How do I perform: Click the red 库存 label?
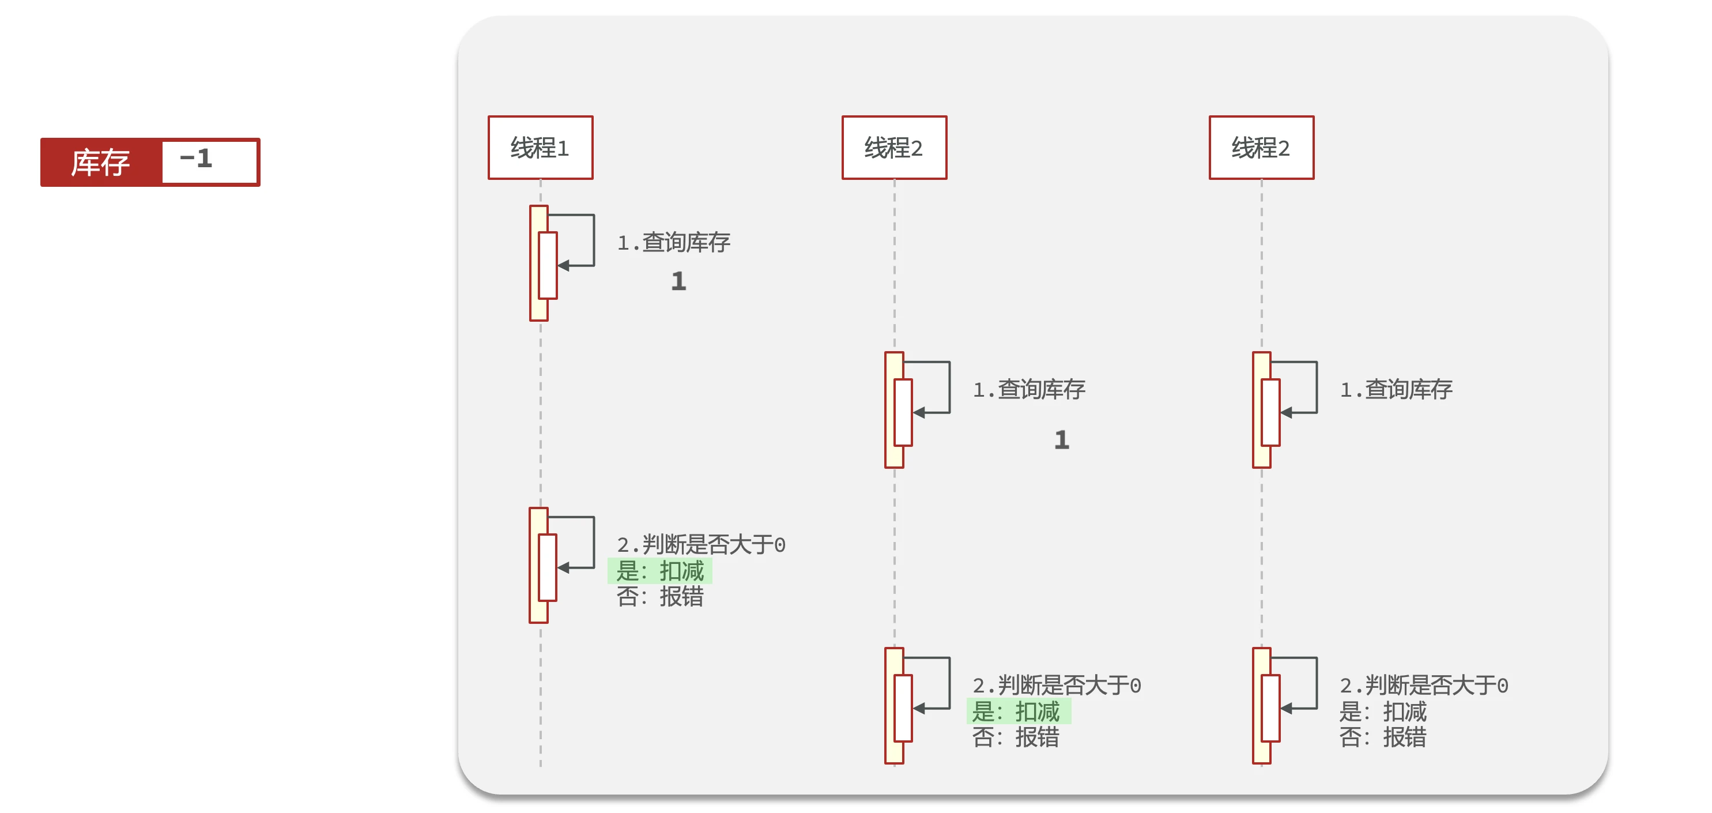click(x=100, y=163)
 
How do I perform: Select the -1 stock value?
click(x=196, y=159)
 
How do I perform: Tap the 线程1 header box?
click(x=540, y=148)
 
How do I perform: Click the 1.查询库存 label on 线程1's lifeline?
click(x=673, y=243)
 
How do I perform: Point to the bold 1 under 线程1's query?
click(x=678, y=281)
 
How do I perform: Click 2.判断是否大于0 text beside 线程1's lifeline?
click(x=700, y=545)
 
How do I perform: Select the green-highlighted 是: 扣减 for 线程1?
click(x=659, y=571)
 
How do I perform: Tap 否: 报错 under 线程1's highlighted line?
click(x=659, y=596)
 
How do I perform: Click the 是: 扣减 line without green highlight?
click(x=1382, y=712)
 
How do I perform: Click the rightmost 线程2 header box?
click(x=1261, y=148)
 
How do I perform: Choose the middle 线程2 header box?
click(x=894, y=148)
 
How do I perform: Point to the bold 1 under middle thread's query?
click(x=1061, y=440)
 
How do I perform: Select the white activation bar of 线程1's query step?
click(x=548, y=266)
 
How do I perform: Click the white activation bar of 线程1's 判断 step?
click(x=548, y=568)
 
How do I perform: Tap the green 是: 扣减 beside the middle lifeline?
click(x=1017, y=712)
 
